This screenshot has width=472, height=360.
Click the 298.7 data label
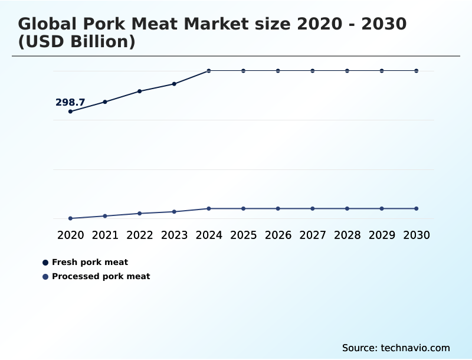click(70, 103)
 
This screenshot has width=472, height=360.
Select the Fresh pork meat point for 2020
click(71, 112)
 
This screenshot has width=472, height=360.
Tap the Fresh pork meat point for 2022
click(140, 91)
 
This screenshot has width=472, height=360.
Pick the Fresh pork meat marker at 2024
click(209, 71)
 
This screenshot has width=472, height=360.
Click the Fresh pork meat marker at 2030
click(416, 71)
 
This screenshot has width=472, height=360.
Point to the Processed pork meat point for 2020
click(71, 218)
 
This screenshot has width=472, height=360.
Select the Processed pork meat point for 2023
click(174, 211)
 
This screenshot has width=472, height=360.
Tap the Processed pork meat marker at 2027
click(313, 208)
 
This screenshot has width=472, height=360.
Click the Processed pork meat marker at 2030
click(416, 208)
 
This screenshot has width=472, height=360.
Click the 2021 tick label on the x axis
click(105, 235)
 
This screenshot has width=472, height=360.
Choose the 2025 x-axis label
click(243, 235)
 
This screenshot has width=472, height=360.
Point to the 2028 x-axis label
click(347, 235)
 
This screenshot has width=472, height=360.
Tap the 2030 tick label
click(416, 235)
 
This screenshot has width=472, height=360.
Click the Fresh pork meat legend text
click(90, 262)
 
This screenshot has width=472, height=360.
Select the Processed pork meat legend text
click(101, 276)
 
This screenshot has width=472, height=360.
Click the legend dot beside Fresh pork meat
click(45, 263)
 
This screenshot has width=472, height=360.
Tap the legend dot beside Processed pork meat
click(45, 277)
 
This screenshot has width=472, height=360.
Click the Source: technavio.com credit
click(396, 348)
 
